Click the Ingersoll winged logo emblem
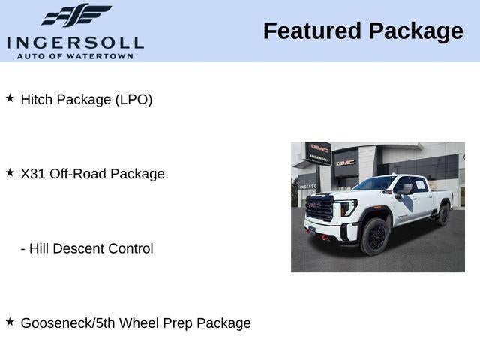click(x=75, y=15)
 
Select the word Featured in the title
click(x=310, y=31)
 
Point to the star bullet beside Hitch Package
click(x=10, y=98)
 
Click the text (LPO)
click(x=133, y=99)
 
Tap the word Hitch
click(x=37, y=99)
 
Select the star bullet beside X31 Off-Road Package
click(x=10, y=172)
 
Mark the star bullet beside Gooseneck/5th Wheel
click(x=10, y=322)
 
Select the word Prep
click(x=180, y=323)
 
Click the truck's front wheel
click(x=374, y=237)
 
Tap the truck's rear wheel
click(x=442, y=216)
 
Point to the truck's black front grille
click(x=320, y=208)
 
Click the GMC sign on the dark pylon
click(x=319, y=148)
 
